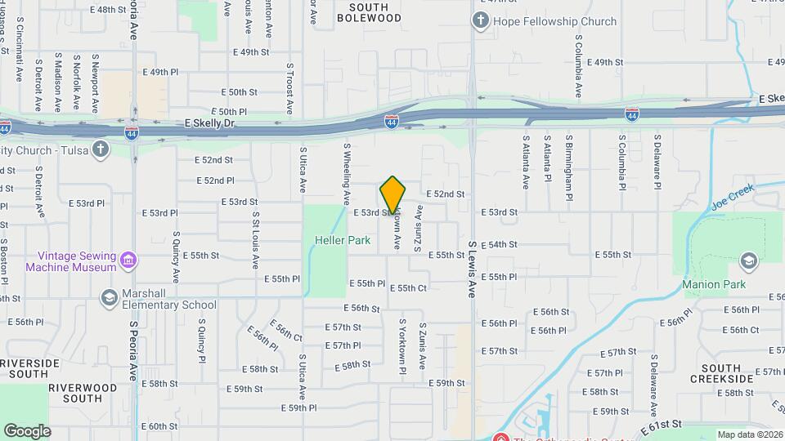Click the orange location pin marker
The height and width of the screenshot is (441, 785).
[x=392, y=196]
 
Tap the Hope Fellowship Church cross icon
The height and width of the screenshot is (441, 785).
[x=481, y=21]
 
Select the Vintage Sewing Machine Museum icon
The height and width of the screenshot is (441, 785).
[x=128, y=261]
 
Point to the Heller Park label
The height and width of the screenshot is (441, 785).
[x=334, y=240]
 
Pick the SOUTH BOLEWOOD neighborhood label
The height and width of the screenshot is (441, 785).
[x=369, y=12]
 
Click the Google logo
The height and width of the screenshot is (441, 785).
[x=27, y=430]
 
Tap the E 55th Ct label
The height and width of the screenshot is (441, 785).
[x=408, y=288]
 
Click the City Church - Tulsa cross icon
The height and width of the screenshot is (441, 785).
[x=100, y=149]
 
